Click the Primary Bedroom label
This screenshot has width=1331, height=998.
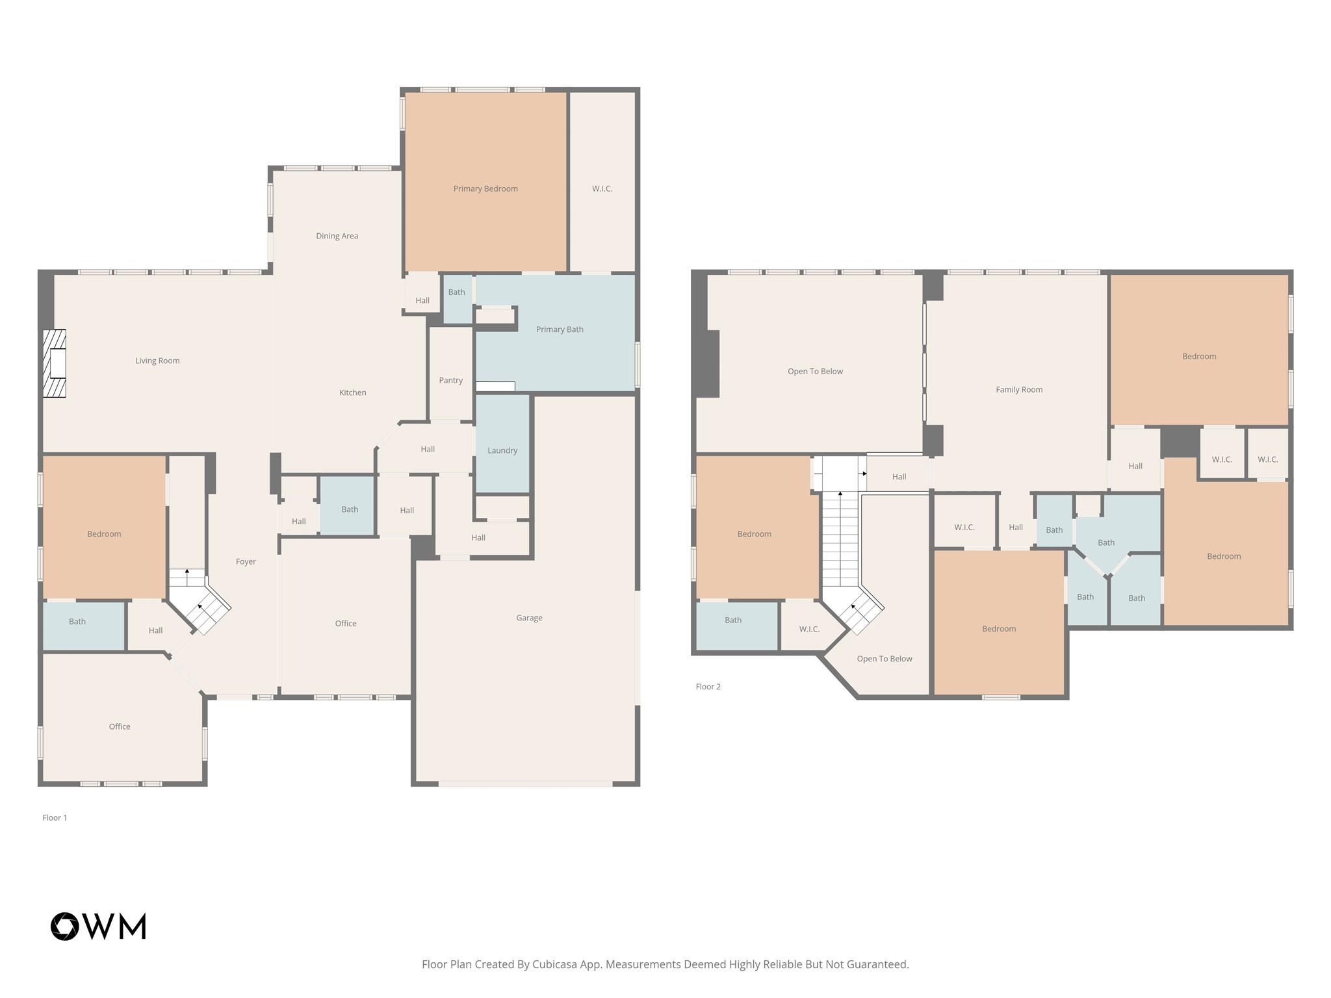(485, 189)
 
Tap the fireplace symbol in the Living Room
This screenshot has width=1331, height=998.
(55, 363)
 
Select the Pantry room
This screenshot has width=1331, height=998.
(450, 380)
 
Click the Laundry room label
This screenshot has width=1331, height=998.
(502, 450)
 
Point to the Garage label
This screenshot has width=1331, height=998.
(529, 618)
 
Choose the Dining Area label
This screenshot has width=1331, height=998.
(337, 236)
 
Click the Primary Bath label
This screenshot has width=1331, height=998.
(559, 329)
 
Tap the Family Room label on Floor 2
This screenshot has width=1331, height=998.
(1018, 390)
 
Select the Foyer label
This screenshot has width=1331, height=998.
(246, 561)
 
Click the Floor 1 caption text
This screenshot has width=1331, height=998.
(55, 817)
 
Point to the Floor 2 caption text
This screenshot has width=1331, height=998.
(708, 686)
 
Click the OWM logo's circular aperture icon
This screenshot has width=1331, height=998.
(65, 926)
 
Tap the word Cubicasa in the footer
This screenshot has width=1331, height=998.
(556, 964)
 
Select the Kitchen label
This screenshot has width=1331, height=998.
(352, 392)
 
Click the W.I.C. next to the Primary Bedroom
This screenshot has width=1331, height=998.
(602, 189)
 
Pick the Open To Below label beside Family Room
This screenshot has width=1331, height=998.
(815, 372)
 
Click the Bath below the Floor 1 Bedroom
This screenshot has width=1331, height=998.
(77, 622)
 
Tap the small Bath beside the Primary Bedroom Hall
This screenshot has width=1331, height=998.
(456, 292)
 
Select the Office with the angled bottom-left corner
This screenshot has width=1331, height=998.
(120, 726)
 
